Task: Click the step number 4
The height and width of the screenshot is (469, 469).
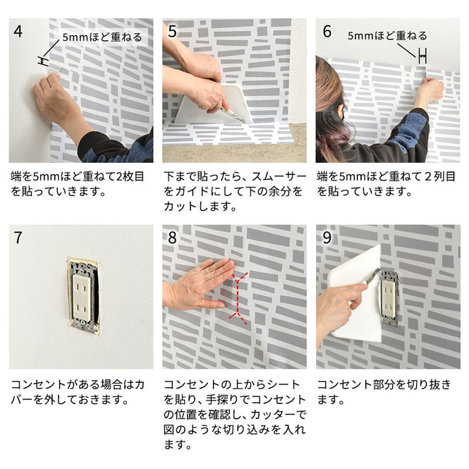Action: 18,31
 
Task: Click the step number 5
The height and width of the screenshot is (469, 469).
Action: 172,31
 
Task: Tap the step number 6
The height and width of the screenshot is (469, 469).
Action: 327,31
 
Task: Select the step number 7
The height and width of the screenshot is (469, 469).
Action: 18,238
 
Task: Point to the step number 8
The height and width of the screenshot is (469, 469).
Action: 172,238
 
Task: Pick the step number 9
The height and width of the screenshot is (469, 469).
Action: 327,238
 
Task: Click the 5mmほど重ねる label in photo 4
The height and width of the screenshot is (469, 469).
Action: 102,37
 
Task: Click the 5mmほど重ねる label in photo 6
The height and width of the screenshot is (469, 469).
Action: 386,35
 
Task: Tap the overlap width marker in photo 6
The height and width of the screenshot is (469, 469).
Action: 422,54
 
